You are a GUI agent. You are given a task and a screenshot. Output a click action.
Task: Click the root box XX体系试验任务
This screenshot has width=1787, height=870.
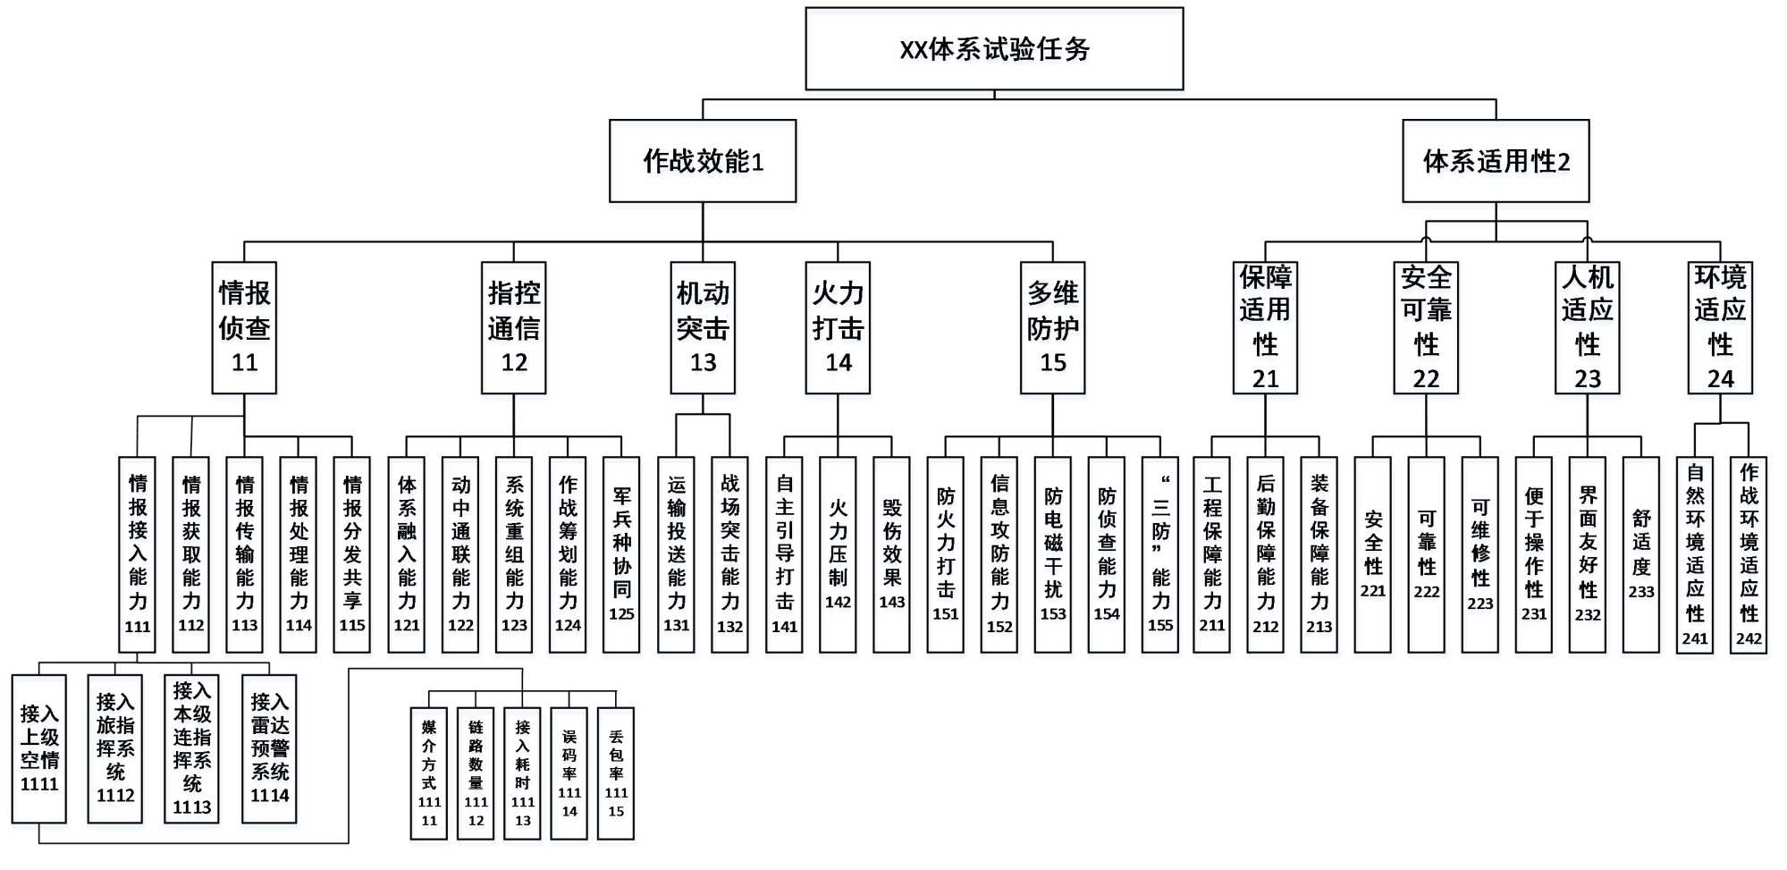[x=994, y=49]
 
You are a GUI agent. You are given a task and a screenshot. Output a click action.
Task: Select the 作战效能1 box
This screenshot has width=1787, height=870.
[x=703, y=161]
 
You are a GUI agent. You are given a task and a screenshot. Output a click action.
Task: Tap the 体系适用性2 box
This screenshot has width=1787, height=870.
[x=1496, y=161]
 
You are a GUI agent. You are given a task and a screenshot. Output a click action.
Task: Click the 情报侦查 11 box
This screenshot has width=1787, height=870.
[x=244, y=327]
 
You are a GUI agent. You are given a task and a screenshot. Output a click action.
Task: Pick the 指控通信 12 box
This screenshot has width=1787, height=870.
[x=513, y=327]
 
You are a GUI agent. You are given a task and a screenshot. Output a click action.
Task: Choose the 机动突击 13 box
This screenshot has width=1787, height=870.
[x=703, y=327]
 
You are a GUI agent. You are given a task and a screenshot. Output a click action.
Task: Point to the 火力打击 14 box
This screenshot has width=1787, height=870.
[x=838, y=327]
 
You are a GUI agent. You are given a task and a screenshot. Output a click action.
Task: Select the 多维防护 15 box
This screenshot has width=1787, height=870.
[x=1052, y=327]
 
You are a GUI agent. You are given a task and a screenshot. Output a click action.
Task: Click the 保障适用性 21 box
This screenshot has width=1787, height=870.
[x=1265, y=327]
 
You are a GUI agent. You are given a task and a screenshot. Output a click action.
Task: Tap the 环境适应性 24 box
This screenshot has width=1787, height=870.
[x=1720, y=327]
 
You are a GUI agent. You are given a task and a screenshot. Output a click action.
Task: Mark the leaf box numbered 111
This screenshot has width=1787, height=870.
[x=137, y=554]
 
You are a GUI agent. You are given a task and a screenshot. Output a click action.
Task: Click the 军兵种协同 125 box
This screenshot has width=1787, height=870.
[x=621, y=554]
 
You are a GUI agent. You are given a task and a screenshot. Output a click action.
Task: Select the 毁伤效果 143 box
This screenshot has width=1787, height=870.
[x=891, y=554]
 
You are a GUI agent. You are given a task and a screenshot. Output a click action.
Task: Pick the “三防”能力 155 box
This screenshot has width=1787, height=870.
[x=1159, y=554]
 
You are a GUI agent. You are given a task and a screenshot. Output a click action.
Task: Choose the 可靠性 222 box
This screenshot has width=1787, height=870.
[x=1426, y=554]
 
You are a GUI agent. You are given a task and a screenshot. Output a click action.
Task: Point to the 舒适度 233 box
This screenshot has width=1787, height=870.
[x=1640, y=554]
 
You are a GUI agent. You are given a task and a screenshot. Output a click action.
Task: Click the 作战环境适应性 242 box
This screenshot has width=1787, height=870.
[x=1749, y=554]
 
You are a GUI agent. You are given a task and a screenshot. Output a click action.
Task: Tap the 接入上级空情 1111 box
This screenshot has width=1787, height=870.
[x=39, y=748]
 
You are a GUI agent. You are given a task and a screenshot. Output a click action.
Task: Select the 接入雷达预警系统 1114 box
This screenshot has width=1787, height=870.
[x=269, y=748]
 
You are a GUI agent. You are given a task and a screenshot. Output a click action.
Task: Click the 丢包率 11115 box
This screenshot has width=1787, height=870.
[x=615, y=773]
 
